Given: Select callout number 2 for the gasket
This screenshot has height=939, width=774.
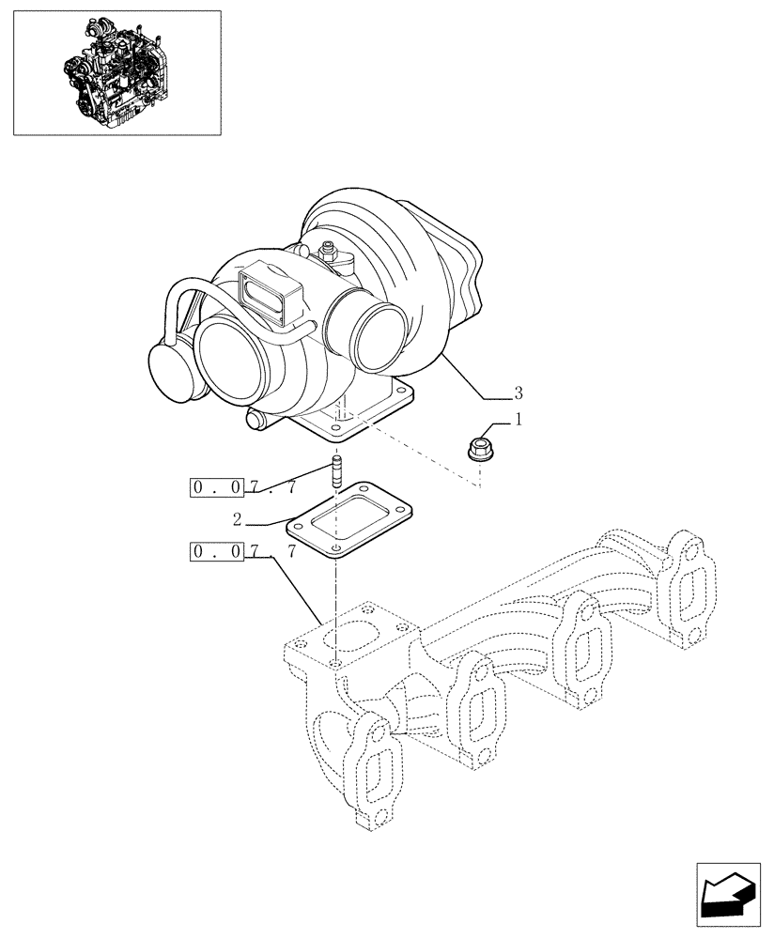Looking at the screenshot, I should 239,518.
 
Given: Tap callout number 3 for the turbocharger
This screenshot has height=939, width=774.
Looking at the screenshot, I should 519,392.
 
